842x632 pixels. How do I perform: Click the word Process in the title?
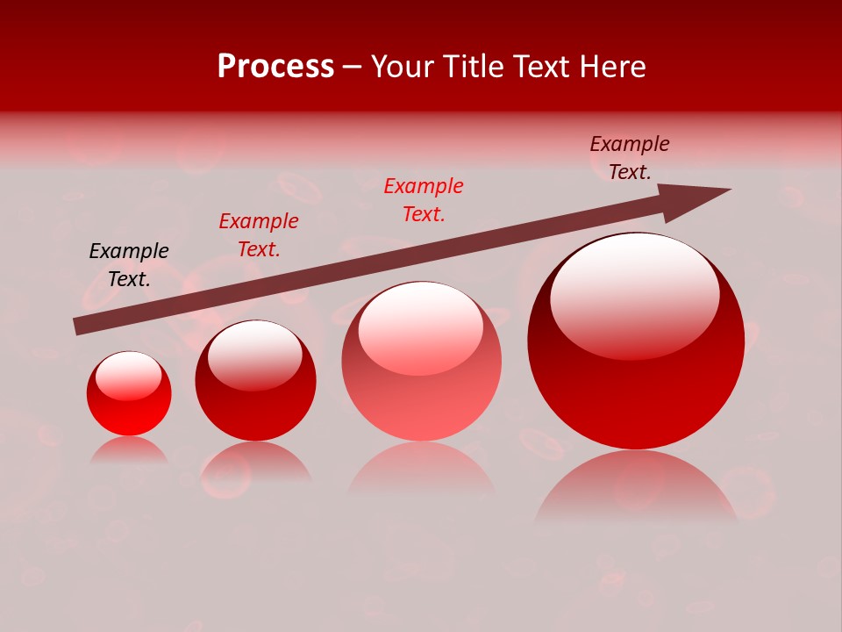[275, 67]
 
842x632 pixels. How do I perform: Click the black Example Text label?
[129, 265]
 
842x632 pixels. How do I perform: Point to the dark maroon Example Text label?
[630, 158]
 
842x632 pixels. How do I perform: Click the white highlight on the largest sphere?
[634, 294]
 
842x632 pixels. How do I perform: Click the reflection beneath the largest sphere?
[636, 487]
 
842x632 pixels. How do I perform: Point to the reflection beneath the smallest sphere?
[129, 450]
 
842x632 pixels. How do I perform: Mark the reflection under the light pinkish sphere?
[421, 470]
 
